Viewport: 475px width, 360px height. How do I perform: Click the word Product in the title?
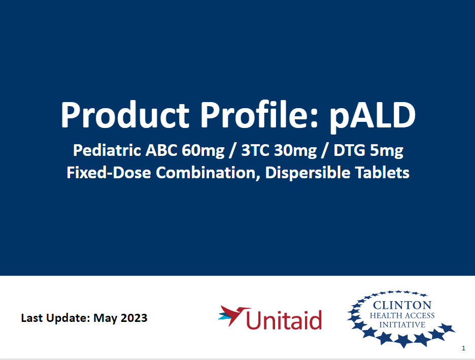point(125,116)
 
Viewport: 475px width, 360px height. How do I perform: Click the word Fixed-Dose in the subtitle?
point(109,173)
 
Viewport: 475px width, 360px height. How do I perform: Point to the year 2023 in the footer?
point(134,318)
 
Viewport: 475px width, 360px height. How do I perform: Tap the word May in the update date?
point(107,318)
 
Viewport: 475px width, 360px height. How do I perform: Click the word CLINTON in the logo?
point(402,305)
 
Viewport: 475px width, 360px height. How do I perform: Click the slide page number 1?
point(464,348)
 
